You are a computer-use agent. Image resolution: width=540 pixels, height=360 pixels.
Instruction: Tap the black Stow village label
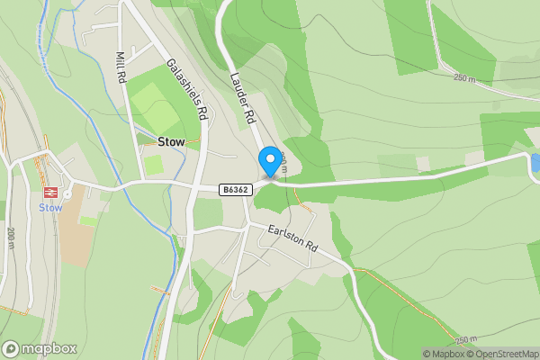[171, 142]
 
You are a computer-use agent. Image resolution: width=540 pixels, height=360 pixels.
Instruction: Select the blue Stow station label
[50, 207]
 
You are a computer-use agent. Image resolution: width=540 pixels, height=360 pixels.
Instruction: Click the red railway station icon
[50, 192]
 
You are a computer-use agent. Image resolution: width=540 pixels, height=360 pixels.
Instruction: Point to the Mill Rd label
[121, 67]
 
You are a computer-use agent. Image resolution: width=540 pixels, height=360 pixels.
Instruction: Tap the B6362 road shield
[233, 190]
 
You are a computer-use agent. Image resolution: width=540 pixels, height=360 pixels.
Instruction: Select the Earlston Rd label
[293, 238]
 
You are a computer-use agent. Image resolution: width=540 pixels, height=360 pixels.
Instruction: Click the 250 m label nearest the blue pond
[463, 78]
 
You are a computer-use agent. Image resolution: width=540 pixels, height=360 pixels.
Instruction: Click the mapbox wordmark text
[49, 348]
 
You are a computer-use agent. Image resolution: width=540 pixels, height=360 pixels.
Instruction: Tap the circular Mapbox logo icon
[11, 348]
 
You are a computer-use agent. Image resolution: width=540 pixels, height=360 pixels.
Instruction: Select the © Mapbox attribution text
[447, 354]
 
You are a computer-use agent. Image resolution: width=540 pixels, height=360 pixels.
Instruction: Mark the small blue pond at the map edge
[535, 163]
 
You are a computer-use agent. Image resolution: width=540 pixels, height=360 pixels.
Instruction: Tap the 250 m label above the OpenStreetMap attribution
[466, 339]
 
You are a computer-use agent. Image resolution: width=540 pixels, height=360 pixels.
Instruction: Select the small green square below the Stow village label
[154, 166]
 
